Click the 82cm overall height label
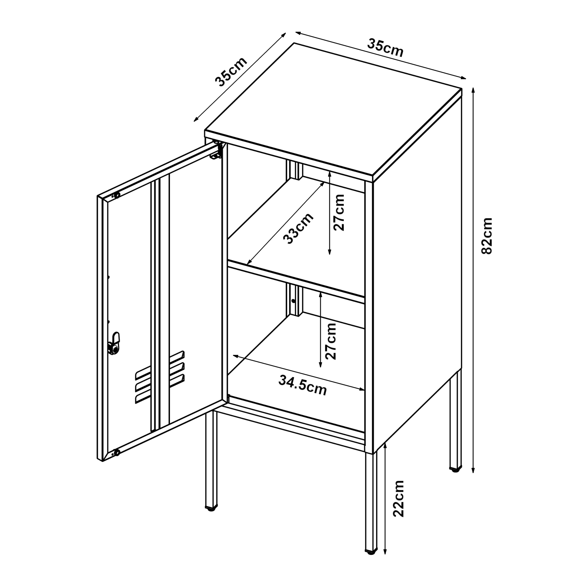click(x=486, y=235)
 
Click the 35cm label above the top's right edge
click(x=385, y=48)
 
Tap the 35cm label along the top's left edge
click(x=231, y=72)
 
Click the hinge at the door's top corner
click(x=216, y=152)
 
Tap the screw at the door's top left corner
click(x=116, y=195)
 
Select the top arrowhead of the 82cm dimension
click(x=473, y=90)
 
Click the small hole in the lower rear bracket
click(x=293, y=301)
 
